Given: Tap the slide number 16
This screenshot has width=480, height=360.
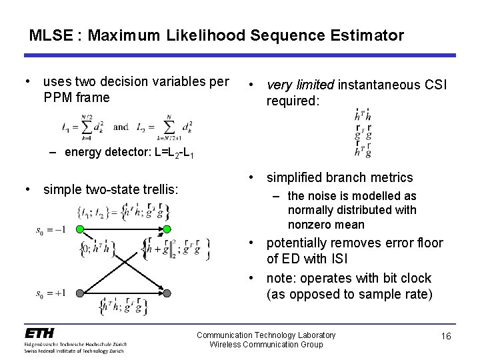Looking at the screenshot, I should [446, 337].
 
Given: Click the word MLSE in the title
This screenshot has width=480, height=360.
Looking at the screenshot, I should [49, 35].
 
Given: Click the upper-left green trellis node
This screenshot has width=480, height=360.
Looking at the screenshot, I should [79, 229].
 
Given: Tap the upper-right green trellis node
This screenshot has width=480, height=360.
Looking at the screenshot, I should [167, 229].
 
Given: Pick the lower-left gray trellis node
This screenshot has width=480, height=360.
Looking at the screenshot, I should [79, 292].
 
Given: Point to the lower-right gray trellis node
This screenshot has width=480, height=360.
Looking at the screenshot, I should [167, 292].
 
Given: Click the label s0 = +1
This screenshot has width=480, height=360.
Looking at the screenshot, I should [51, 293].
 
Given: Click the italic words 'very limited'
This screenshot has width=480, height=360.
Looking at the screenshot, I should [301, 85].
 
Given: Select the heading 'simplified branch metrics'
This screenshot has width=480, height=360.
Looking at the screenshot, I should [340, 177].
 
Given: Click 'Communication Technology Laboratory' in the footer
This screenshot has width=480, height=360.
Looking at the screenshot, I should [266, 335].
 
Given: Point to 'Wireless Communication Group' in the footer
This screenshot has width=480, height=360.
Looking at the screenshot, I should [266, 344].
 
